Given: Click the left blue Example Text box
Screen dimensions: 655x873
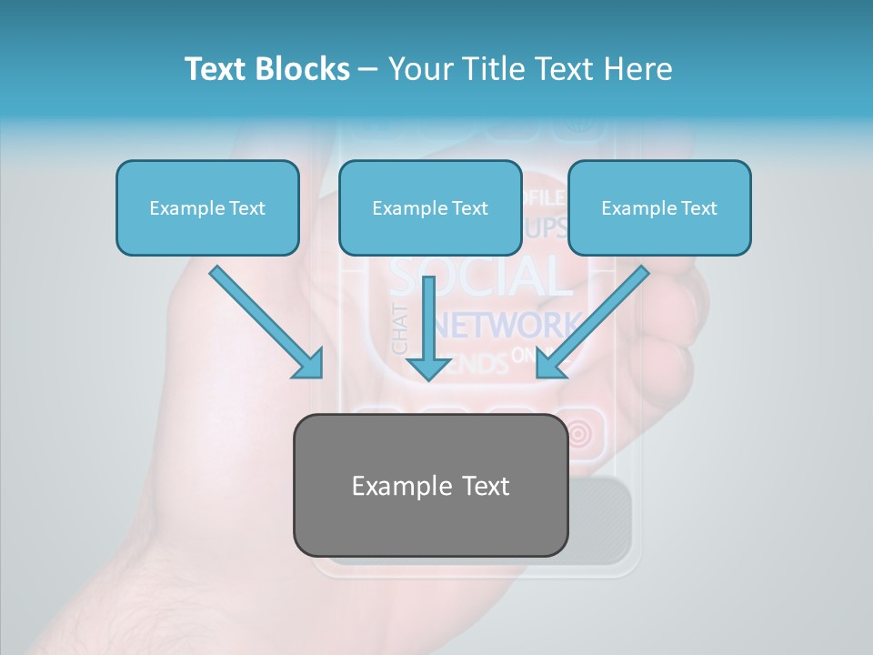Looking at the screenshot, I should click(x=207, y=207).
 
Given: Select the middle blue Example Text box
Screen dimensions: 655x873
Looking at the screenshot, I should click(x=430, y=207).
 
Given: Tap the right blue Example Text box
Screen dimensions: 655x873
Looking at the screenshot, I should click(x=659, y=207).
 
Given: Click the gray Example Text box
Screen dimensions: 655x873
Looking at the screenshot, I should click(x=430, y=485).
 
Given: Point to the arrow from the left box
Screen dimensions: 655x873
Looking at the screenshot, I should click(x=264, y=320).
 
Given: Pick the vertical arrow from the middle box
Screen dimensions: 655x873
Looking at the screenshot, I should click(x=428, y=323).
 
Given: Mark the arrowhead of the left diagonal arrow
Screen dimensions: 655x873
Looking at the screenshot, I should click(x=309, y=364).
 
